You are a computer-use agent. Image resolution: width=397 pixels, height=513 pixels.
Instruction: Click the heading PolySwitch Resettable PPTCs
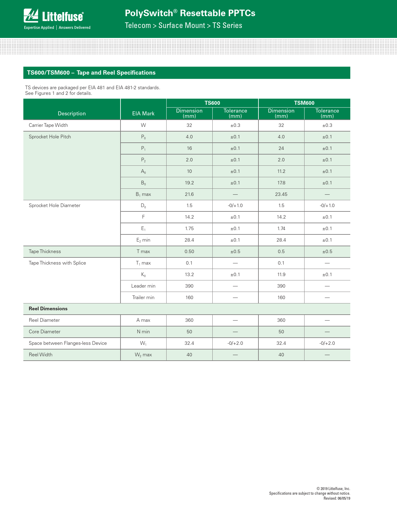coord(190,13)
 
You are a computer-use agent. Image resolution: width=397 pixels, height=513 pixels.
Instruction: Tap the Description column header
coord(72,113)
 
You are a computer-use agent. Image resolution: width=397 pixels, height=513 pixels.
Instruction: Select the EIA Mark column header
coord(143,113)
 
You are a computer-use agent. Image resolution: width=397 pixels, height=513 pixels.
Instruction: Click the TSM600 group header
coord(304,103)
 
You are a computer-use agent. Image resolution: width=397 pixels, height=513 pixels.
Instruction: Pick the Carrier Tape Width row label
coord(48,125)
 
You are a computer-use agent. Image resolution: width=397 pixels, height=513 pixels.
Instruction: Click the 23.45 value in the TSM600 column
coord(281,194)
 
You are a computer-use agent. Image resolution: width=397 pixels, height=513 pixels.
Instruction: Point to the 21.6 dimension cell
coord(189,194)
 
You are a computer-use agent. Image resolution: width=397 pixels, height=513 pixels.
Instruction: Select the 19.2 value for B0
coord(189,183)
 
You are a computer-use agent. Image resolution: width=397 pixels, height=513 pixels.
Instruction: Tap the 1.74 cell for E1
coord(281,229)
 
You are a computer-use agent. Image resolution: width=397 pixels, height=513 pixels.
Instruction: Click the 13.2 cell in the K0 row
coord(189,275)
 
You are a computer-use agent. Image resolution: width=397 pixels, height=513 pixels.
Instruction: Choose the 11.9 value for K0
coord(281,275)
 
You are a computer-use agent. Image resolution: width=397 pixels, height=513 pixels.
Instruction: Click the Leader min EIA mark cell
coord(143,286)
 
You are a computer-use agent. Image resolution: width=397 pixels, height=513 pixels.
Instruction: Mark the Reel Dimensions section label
coord(48,309)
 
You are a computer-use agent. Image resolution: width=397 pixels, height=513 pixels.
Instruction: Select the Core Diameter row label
coord(45,332)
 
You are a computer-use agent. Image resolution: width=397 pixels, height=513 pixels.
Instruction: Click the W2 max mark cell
coord(143,355)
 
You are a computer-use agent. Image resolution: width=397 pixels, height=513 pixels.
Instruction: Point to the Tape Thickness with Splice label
coord(57,263)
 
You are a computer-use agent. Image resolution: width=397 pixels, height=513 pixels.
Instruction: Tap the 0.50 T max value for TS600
coord(189,252)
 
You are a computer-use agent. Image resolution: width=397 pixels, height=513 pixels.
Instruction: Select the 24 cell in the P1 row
coord(281,148)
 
